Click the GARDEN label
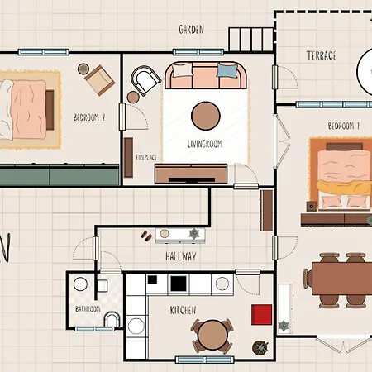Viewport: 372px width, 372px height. pyautogui.click(x=192, y=29)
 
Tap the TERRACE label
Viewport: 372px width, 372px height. pyautogui.click(x=322, y=55)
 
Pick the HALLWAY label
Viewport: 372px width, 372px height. pyautogui.click(x=181, y=257)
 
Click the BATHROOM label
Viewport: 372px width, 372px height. pyautogui.click(x=88, y=309)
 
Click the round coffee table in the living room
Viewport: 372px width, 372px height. pyautogui.click(x=205, y=114)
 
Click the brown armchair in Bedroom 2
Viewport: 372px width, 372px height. pyautogui.click(x=98, y=79)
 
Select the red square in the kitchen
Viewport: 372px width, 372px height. pyautogui.click(x=262, y=314)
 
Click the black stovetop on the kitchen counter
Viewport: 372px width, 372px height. pyautogui.click(x=179, y=284)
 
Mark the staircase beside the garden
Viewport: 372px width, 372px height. pyautogui.click(x=250, y=37)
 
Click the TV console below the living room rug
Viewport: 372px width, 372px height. pyautogui.click(x=190, y=173)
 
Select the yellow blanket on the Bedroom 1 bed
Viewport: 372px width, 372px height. pyautogui.click(x=344, y=192)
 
